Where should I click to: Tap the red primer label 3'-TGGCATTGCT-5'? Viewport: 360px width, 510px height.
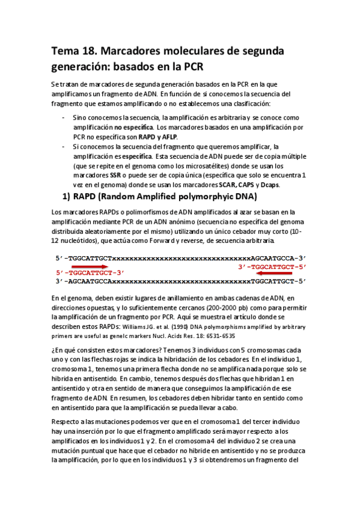[x=272, y=266]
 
